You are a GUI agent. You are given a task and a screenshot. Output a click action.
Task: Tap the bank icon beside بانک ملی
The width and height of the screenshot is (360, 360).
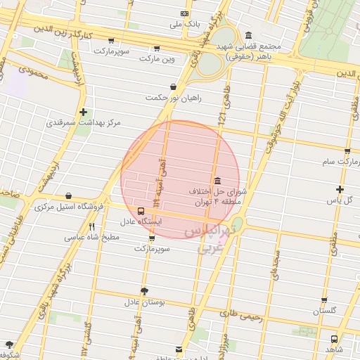pyautogui.click(x=185, y=13)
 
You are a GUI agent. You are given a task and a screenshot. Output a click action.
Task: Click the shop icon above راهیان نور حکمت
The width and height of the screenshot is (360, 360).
pyautogui.click(x=173, y=87)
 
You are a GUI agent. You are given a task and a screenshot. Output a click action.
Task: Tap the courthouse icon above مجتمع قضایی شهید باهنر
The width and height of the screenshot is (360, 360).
pyautogui.click(x=248, y=36)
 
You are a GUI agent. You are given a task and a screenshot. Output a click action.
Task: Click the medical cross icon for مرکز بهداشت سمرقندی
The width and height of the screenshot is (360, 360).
pyautogui.click(x=84, y=112)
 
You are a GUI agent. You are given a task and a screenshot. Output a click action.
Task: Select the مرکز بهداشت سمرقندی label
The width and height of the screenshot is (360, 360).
pyautogui.click(x=84, y=122)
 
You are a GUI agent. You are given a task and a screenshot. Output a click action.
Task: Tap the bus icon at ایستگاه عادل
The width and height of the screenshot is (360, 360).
pyautogui.click(x=142, y=210)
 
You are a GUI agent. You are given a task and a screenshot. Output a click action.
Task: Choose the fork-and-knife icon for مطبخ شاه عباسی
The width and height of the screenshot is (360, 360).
pyautogui.click(x=91, y=226)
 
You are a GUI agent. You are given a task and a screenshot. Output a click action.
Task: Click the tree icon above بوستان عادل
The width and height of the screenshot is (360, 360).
pyautogui.click(x=144, y=291)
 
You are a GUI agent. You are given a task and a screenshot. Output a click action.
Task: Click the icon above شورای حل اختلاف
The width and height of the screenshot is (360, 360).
pyautogui.click(x=216, y=180)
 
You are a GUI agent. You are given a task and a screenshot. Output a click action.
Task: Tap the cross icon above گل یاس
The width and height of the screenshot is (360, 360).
pyautogui.click(x=340, y=189)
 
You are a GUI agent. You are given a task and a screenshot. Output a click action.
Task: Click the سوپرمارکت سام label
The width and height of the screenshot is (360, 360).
pyautogui.click(x=337, y=162)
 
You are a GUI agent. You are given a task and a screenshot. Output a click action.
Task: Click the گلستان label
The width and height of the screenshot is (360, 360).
pyautogui.click(x=329, y=310)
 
